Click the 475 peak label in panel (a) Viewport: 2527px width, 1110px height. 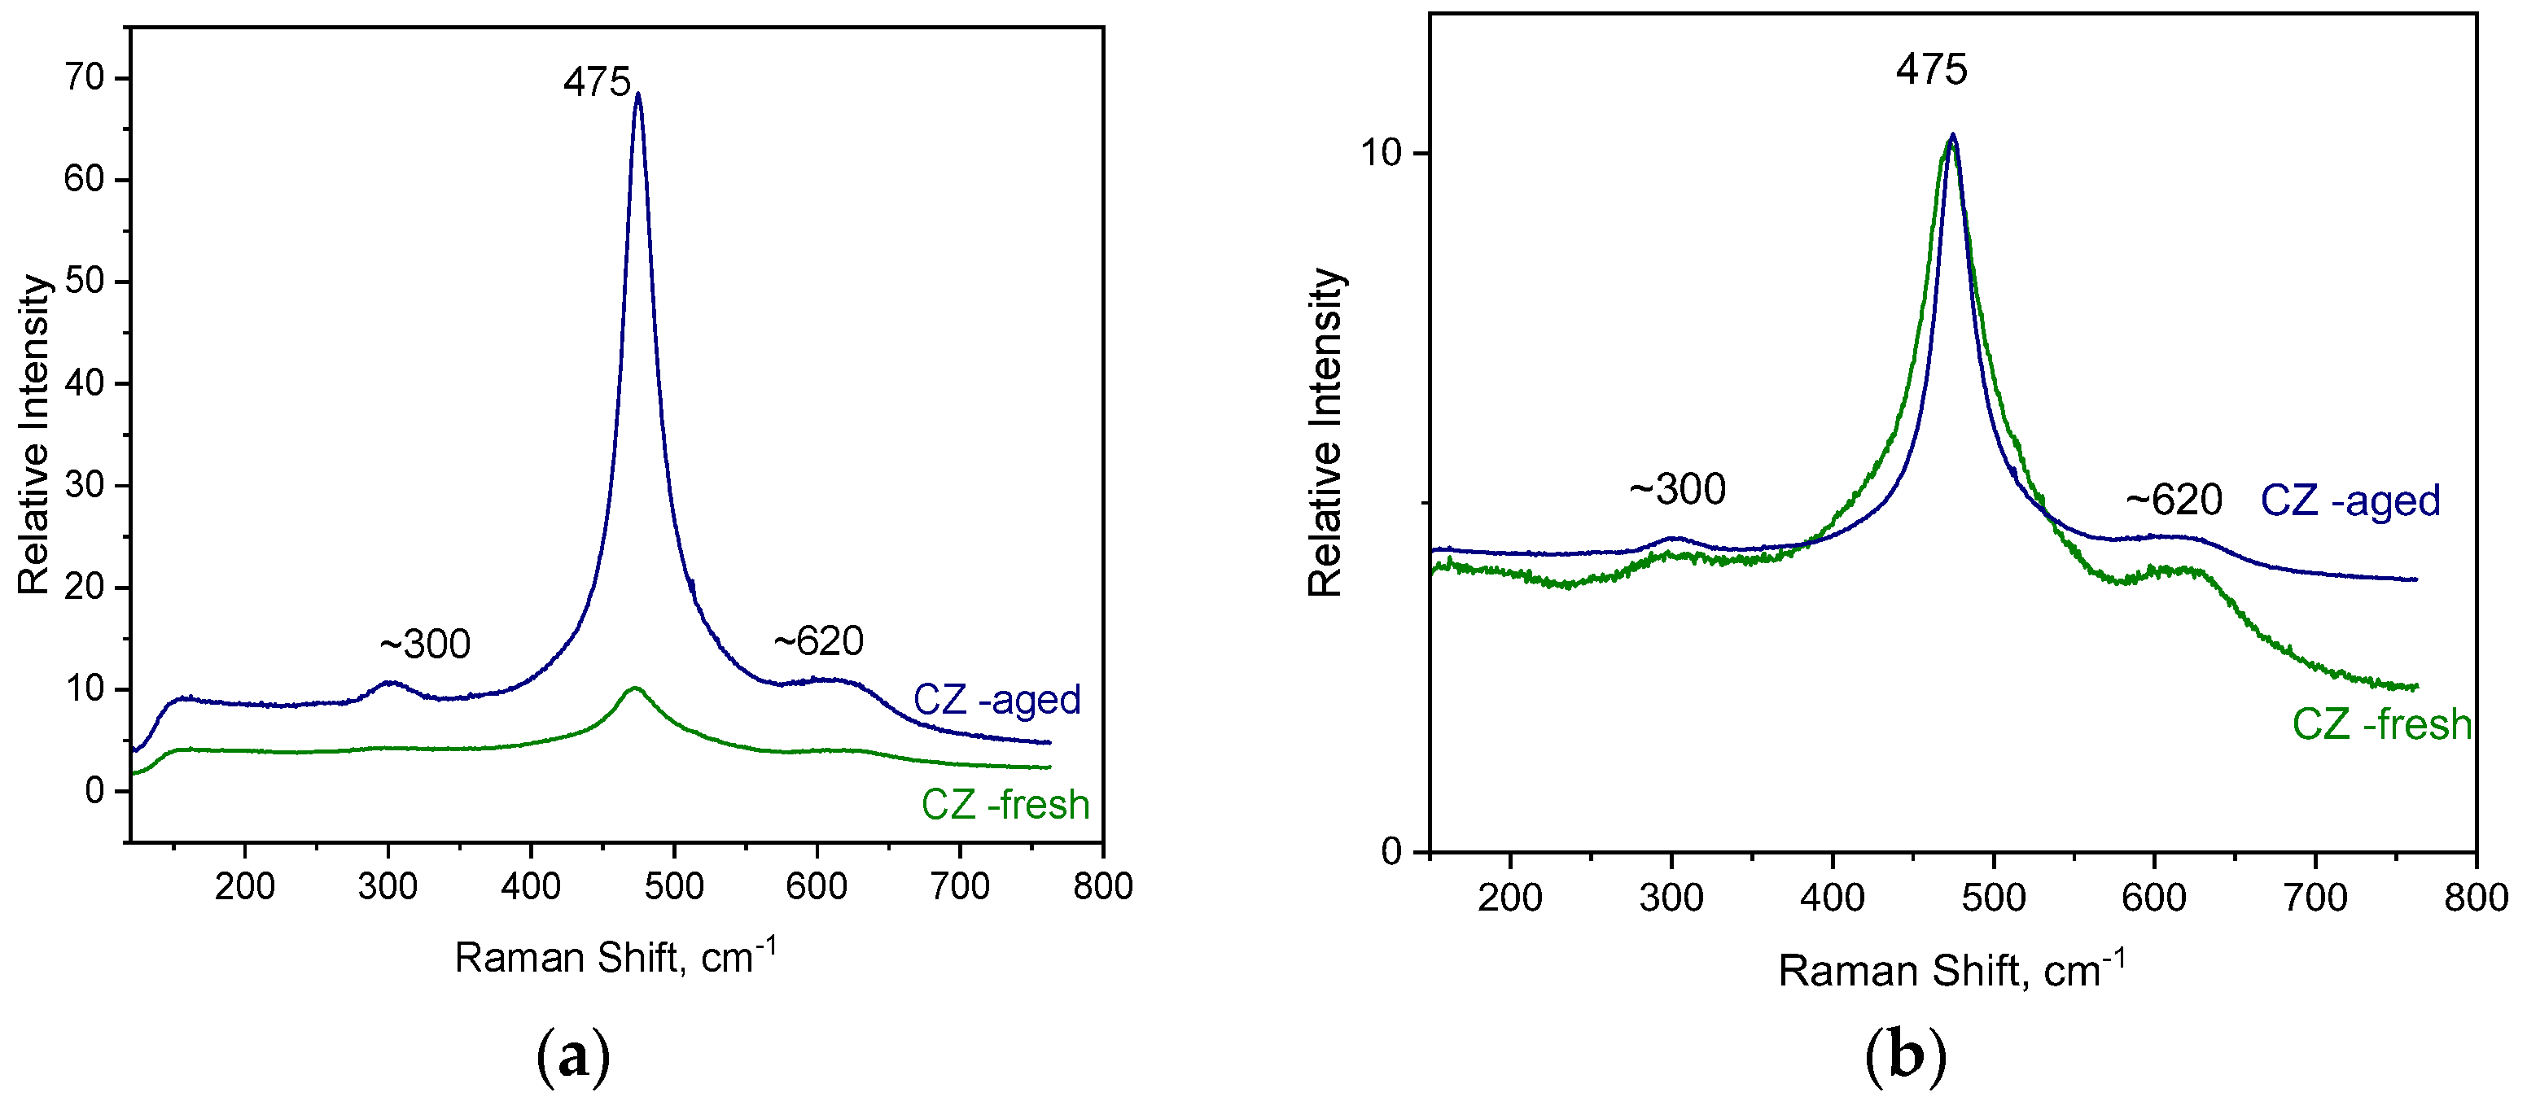click(597, 82)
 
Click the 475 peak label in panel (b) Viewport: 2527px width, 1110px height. click(1930, 70)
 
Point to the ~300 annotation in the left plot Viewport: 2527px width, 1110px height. click(425, 645)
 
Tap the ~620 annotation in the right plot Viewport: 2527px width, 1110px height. click(2173, 500)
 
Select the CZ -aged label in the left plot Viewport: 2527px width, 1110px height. click(996, 700)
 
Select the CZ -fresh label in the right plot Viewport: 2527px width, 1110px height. click(2380, 724)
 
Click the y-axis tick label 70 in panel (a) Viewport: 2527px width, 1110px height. click(85, 77)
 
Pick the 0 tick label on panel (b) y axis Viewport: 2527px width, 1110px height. click(1392, 851)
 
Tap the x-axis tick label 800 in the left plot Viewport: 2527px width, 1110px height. click(1102, 886)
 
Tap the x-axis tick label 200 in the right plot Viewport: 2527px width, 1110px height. click(1509, 898)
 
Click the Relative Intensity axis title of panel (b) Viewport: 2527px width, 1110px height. click(1325, 432)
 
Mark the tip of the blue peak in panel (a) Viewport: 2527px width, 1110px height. click(638, 95)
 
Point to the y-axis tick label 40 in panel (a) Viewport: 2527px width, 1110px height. click(85, 382)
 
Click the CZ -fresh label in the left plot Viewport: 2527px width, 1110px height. click(1005, 805)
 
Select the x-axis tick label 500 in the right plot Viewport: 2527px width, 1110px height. click(1993, 898)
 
